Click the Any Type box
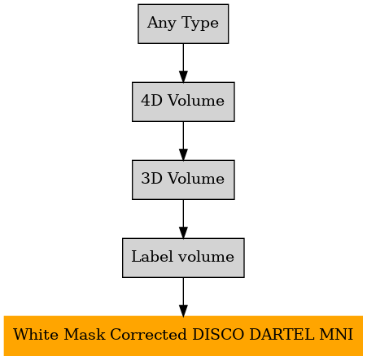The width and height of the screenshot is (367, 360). [x=183, y=24]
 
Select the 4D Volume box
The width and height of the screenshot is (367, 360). [x=183, y=102]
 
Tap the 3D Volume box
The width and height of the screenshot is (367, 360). [x=183, y=180]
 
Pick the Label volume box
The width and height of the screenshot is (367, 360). [x=183, y=258]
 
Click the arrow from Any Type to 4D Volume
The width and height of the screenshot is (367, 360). [x=183, y=63]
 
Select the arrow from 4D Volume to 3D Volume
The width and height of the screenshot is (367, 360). [x=183, y=141]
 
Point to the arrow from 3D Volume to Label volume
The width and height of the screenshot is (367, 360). [x=183, y=219]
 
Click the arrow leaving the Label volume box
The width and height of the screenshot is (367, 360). [x=183, y=297]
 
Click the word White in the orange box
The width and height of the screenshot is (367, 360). [x=36, y=334]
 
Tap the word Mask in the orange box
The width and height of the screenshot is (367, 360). [x=85, y=334]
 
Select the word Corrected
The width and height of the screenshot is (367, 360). [x=149, y=334]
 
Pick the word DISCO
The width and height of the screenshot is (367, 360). [x=218, y=334]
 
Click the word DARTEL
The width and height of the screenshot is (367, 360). [x=282, y=334]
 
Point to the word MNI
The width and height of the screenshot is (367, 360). [x=336, y=334]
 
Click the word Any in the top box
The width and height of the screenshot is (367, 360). [x=162, y=23]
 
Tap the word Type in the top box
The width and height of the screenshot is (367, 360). [x=200, y=23]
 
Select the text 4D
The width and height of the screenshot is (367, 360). [x=152, y=101]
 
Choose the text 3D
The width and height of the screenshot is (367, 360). [x=152, y=179]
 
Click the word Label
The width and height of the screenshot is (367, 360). [x=152, y=256]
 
